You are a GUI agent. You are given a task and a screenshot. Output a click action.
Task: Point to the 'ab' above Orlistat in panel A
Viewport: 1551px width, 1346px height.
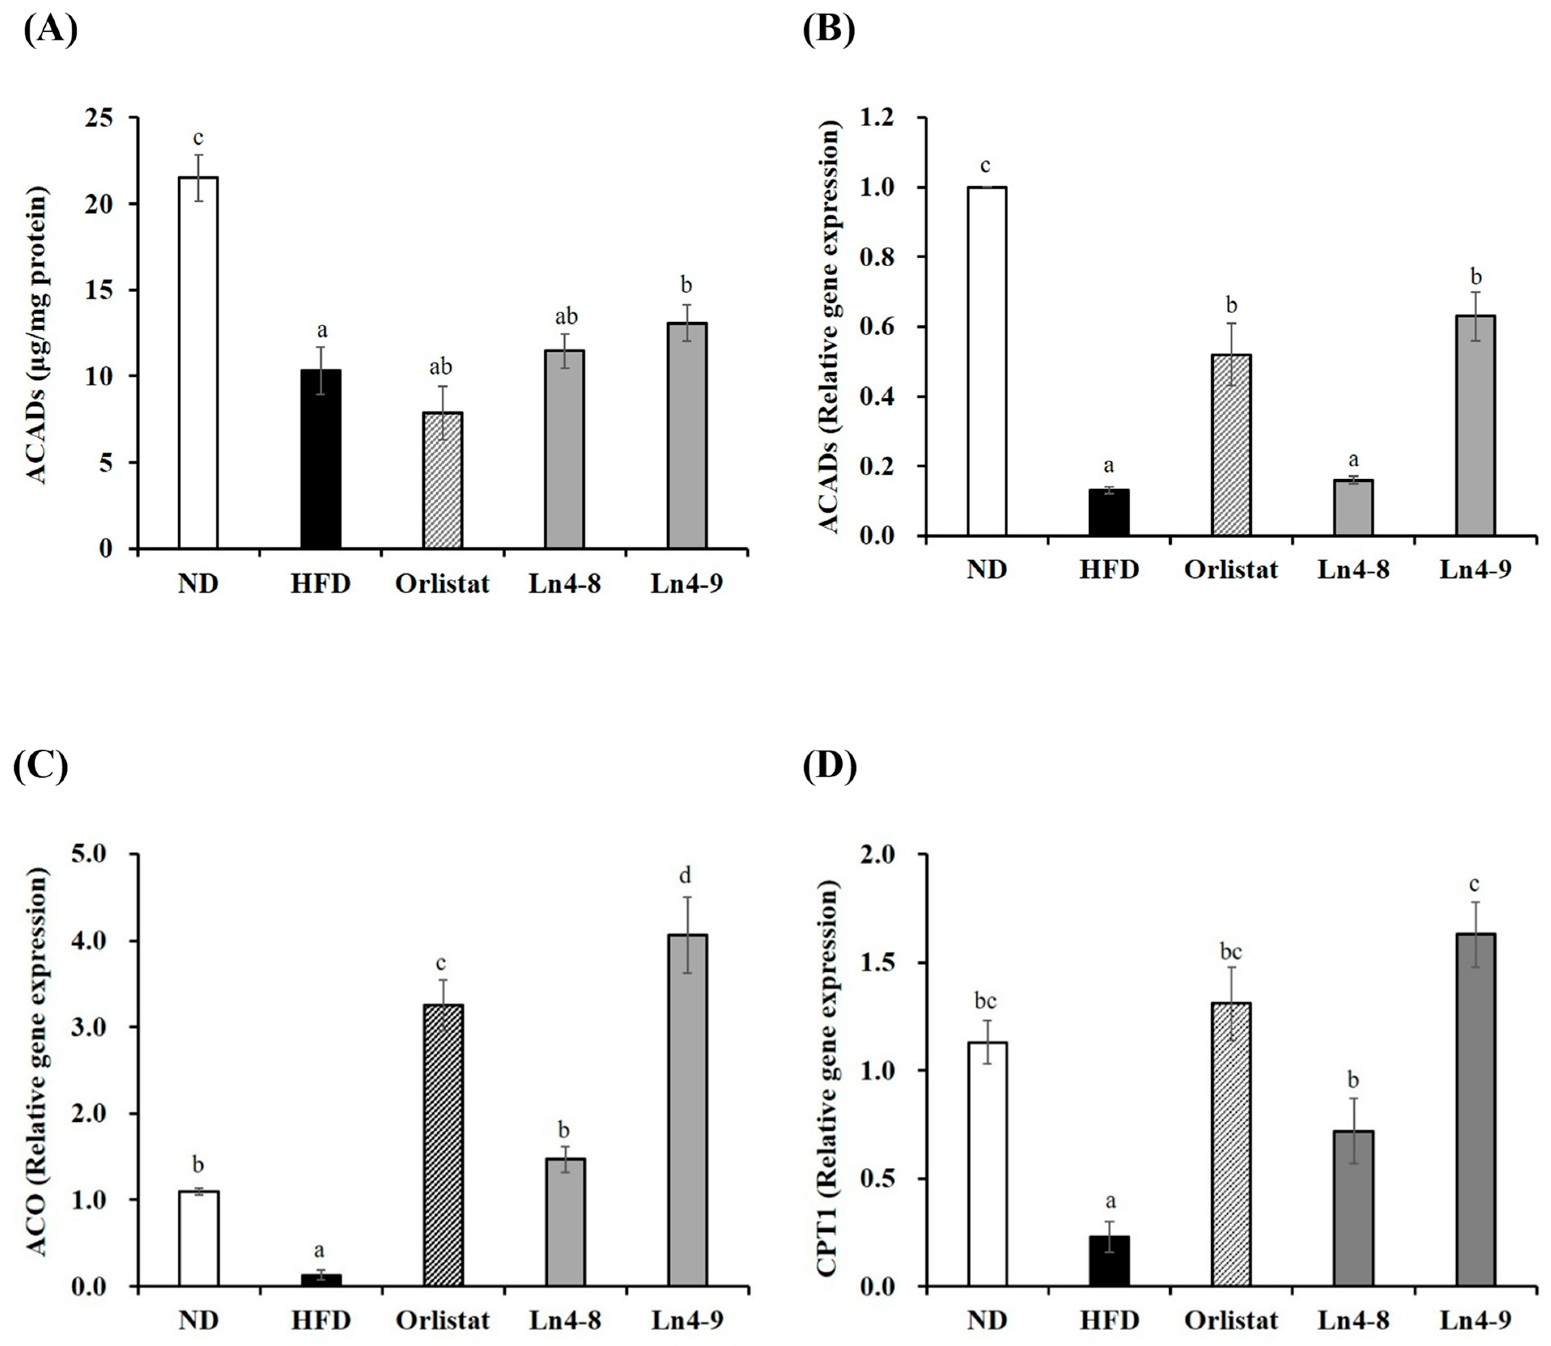click(441, 366)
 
